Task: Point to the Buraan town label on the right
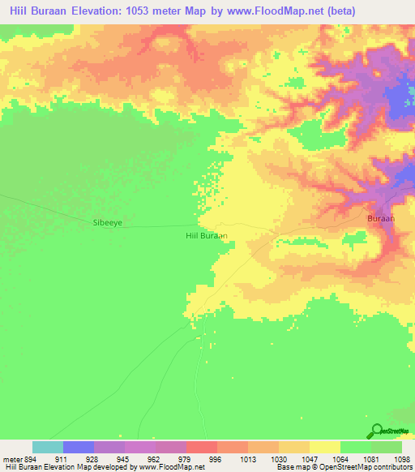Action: click(380, 219)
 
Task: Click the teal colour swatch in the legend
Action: click(48, 447)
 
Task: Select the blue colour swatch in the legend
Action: click(79, 447)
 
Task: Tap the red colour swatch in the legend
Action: click(202, 447)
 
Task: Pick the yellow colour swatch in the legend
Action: click(325, 447)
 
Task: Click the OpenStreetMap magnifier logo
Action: click(376, 431)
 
